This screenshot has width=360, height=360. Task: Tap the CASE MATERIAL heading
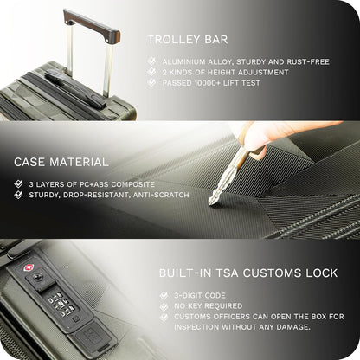[x=61, y=162]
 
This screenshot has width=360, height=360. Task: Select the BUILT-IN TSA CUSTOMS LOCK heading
[x=248, y=273]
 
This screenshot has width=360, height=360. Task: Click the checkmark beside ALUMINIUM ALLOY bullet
[x=152, y=61]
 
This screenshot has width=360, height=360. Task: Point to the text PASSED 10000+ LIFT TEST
[x=214, y=83]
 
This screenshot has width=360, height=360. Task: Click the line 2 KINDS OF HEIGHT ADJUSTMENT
[x=225, y=73]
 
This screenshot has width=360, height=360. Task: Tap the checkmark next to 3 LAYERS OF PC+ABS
[x=19, y=184]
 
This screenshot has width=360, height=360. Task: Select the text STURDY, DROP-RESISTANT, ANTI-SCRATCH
[x=99, y=195]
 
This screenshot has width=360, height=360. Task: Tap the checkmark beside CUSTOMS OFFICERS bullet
[x=164, y=317]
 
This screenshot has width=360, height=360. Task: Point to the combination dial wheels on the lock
[x=60, y=303]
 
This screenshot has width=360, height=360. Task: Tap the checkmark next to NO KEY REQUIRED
[x=164, y=305]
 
